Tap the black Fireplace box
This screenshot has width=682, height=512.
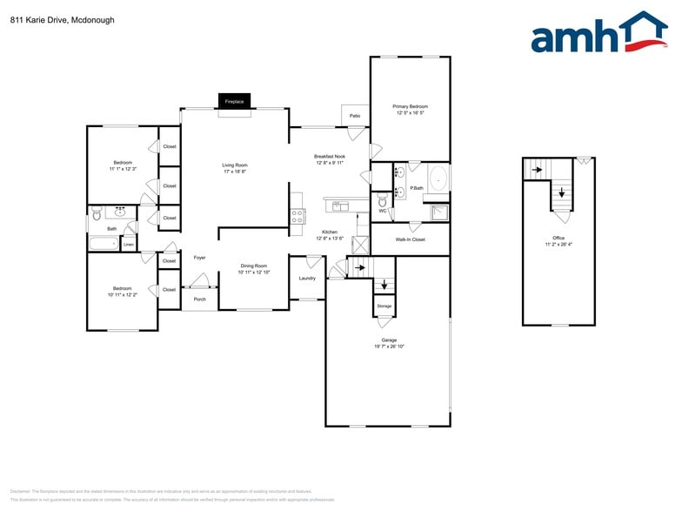pyautogui.click(x=235, y=101)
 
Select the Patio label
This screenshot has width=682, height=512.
pyautogui.click(x=355, y=116)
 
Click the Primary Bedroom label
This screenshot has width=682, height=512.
pyautogui.click(x=411, y=106)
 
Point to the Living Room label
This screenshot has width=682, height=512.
pyautogui.click(x=235, y=165)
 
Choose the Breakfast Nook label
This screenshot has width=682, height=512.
pyautogui.click(x=330, y=157)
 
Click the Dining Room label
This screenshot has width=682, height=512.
pyautogui.click(x=254, y=266)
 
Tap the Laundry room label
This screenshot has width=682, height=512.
pyautogui.click(x=307, y=279)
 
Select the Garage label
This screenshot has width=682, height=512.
pyautogui.click(x=389, y=340)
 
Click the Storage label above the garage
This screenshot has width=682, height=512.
pyautogui.click(x=384, y=307)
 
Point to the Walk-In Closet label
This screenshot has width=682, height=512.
pyautogui.click(x=410, y=239)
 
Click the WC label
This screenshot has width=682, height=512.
pyautogui.click(x=382, y=211)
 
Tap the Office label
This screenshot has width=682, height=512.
pyautogui.click(x=558, y=238)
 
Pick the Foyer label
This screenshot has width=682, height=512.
pyautogui.click(x=199, y=258)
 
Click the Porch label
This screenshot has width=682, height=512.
pyautogui.click(x=199, y=298)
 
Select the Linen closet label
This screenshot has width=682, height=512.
pyautogui.click(x=129, y=245)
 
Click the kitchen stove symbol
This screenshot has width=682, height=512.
pyautogui.click(x=298, y=216)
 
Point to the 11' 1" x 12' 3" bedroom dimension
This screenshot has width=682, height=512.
pyautogui.click(x=122, y=168)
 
